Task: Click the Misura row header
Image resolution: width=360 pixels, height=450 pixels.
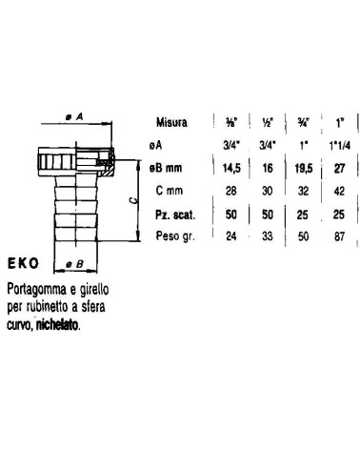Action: click(171, 122)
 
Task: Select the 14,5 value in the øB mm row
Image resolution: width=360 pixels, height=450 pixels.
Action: click(231, 168)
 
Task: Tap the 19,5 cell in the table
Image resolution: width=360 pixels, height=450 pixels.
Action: click(304, 168)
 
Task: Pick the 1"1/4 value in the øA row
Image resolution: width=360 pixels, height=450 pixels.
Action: click(340, 146)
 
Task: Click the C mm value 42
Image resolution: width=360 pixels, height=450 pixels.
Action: click(339, 191)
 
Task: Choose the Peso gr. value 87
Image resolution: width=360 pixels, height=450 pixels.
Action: click(339, 236)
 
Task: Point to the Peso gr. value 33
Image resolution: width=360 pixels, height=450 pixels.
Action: click(268, 236)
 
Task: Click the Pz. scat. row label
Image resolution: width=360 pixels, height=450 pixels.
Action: click(175, 215)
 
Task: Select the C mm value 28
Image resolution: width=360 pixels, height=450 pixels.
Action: click(231, 191)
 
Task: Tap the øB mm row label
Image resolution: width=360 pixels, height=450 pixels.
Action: click(166, 168)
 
